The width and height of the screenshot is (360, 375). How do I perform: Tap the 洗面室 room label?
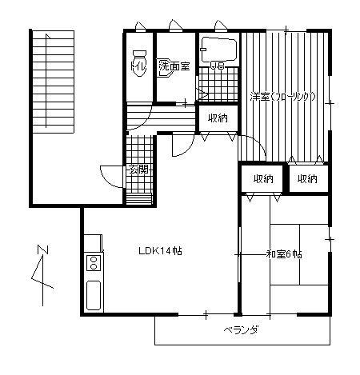coord(174,66)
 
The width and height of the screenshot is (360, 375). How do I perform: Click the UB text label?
coord(217,66)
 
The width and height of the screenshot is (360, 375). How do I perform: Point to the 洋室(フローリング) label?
coord(282,97)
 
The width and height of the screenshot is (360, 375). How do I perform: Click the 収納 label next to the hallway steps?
coord(217,118)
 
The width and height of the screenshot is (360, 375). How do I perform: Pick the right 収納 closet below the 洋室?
coord(306,178)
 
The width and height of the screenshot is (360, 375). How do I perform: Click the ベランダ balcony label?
coord(238,330)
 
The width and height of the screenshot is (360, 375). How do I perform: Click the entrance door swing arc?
coord(109,174)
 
